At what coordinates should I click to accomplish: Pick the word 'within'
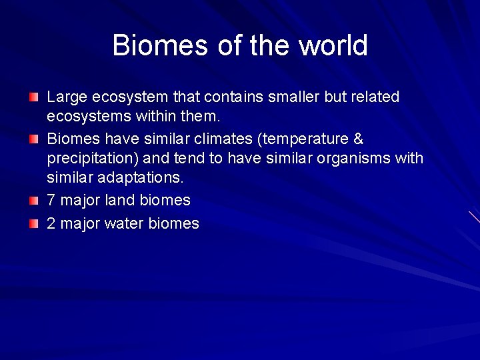pyautogui.click(x=156, y=117)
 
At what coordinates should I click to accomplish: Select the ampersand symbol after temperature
pyautogui.click(x=358, y=139)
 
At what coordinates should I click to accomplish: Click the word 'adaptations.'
pyautogui.click(x=140, y=178)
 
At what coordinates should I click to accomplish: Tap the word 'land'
pyautogui.click(x=121, y=200)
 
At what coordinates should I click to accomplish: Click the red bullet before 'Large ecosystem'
pyautogui.click(x=33, y=97)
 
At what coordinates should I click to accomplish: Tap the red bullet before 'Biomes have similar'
pyautogui.click(x=33, y=139)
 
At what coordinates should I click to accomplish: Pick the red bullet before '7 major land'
pyautogui.click(x=33, y=201)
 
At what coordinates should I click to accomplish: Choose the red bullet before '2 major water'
pyautogui.click(x=33, y=224)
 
